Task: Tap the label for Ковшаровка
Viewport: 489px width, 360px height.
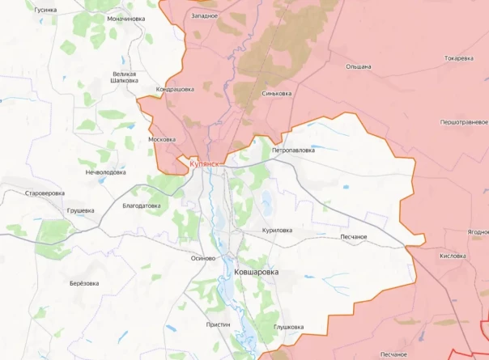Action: tap(257, 273)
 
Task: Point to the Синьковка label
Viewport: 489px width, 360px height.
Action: tap(277, 93)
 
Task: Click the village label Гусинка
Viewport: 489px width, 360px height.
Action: tap(45, 10)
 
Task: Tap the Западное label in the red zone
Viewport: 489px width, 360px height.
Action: tap(204, 15)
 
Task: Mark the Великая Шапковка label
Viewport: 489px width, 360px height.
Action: tap(124, 77)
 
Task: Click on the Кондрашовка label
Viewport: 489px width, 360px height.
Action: tap(174, 89)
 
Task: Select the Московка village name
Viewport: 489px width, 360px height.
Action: tap(162, 139)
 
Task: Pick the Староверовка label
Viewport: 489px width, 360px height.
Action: tap(45, 194)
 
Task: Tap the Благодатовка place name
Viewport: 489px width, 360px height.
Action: tap(141, 205)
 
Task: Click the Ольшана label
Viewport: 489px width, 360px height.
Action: tap(358, 66)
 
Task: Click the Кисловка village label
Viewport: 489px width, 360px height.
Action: tap(452, 256)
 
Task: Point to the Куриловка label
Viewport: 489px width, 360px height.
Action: tap(277, 231)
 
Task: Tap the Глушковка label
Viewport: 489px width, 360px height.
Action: tap(287, 327)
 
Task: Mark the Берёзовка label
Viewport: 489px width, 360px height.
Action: tap(84, 283)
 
